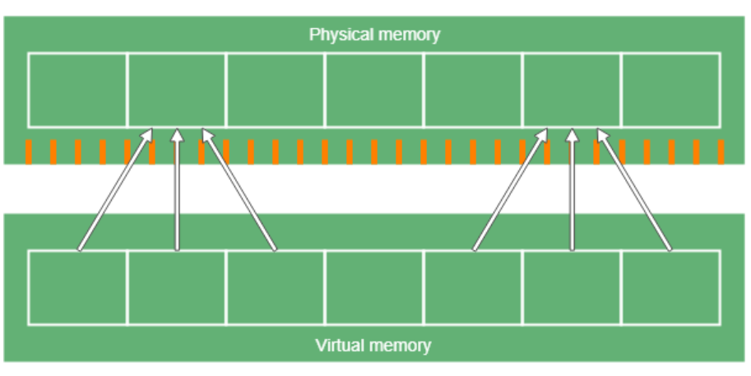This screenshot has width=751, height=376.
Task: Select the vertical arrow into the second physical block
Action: pos(177,189)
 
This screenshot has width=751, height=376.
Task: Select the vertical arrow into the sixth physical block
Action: pos(572,189)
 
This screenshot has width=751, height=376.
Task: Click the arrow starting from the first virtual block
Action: pos(115,189)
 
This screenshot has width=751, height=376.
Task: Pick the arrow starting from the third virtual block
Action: pos(239,189)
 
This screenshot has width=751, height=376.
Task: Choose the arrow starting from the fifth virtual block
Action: pos(510,189)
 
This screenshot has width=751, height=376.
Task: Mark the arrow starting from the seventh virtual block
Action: pos(634,189)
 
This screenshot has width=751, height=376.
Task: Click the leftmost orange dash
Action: pos(29,152)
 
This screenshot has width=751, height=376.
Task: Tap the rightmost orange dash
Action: pos(721,152)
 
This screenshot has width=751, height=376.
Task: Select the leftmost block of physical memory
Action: pos(78,91)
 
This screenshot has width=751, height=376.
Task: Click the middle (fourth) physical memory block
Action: pos(374,91)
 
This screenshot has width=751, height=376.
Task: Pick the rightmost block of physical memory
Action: pos(670,91)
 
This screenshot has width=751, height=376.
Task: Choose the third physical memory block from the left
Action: pos(276,91)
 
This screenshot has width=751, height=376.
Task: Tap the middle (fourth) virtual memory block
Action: pos(374,287)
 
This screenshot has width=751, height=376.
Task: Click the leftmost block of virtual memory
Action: pos(78,287)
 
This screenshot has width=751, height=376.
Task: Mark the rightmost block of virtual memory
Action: pos(670,287)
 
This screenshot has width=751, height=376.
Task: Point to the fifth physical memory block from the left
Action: pos(473,91)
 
